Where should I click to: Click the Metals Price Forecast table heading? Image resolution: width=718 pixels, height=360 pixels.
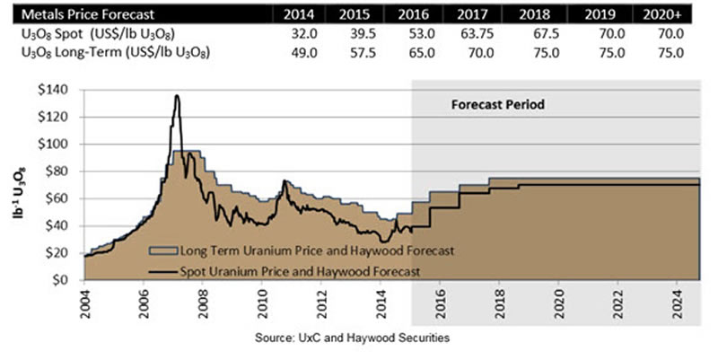78,14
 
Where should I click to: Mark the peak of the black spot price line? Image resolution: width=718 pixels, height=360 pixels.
177,96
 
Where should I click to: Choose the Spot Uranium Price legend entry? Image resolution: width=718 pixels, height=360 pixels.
288,268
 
